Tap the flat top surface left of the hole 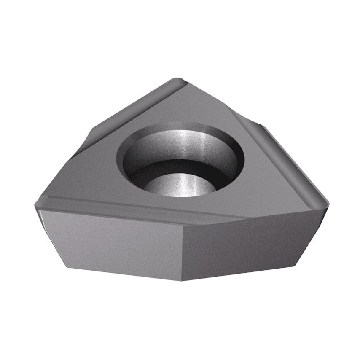[93, 169]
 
